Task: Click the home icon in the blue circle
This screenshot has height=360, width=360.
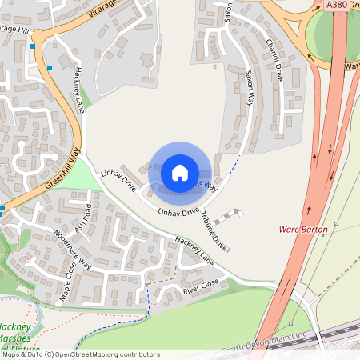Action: tap(180, 173)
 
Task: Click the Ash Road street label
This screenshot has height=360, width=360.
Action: tap(82, 218)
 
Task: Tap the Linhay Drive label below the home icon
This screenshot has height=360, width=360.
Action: tap(178, 213)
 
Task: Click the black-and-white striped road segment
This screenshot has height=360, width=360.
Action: tap(228, 218)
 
